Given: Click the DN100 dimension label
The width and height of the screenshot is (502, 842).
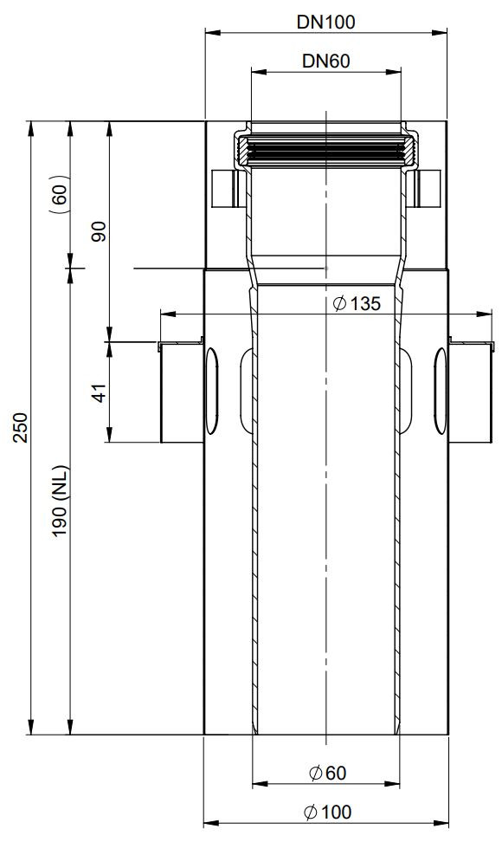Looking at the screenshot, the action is click(325, 22).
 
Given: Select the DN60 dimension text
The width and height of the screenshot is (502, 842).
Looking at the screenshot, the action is click(326, 62).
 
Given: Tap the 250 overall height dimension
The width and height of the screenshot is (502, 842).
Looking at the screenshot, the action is click(21, 427).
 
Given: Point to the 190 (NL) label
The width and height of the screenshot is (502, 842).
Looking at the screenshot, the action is click(60, 501).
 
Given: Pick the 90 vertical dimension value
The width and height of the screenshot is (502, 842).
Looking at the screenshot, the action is click(100, 231).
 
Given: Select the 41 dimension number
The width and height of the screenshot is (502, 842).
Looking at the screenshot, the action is click(100, 392).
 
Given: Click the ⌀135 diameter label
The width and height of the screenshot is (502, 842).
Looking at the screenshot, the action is click(357, 304).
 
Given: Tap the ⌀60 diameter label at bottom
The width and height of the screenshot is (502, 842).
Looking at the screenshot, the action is click(328, 773).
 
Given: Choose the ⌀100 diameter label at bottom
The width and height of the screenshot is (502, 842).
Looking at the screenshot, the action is click(328, 812).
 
